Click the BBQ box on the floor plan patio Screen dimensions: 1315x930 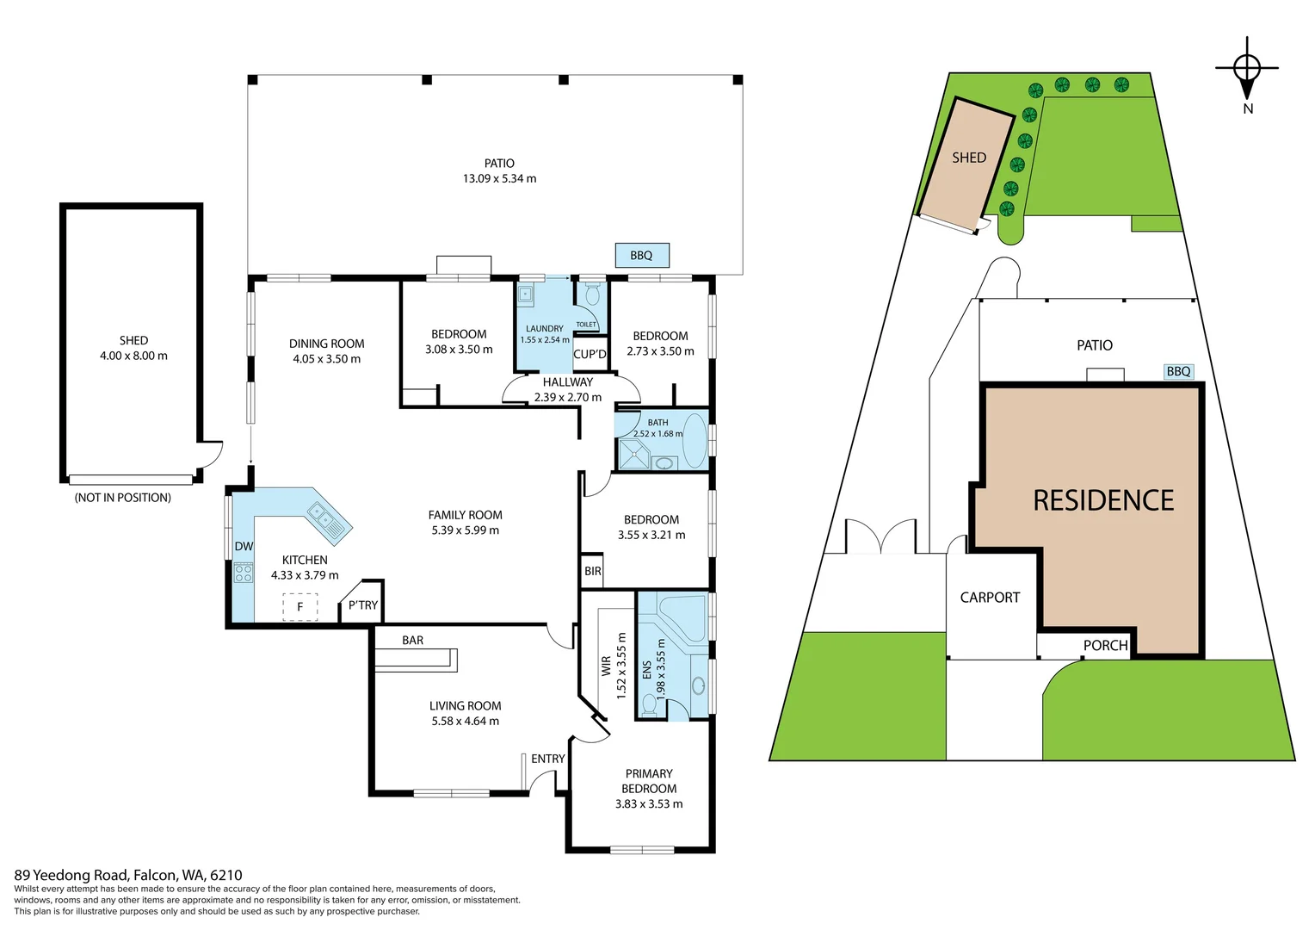click(642, 256)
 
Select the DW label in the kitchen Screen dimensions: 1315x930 click(244, 547)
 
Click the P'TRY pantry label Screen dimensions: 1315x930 click(363, 605)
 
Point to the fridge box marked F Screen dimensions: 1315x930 click(300, 607)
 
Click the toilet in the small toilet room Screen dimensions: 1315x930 click(591, 295)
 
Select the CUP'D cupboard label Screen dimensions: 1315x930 click(590, 354)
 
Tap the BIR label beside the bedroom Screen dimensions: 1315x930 click(593, 571)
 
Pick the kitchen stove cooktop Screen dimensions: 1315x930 click(244, 573)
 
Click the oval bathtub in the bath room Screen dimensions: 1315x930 click(694, 440)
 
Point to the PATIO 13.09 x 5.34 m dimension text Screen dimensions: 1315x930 click(499, 178)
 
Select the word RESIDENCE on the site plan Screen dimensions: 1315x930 click(1103, 500)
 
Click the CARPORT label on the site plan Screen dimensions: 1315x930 click(990, 598)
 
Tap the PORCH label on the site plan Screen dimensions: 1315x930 click(1105, 646)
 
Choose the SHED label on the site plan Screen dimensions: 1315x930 click(969, 158)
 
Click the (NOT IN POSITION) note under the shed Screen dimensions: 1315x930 click(123, 498)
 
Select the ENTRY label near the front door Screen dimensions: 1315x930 click(548, 759)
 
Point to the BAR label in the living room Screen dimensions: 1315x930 click(413, 641)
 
